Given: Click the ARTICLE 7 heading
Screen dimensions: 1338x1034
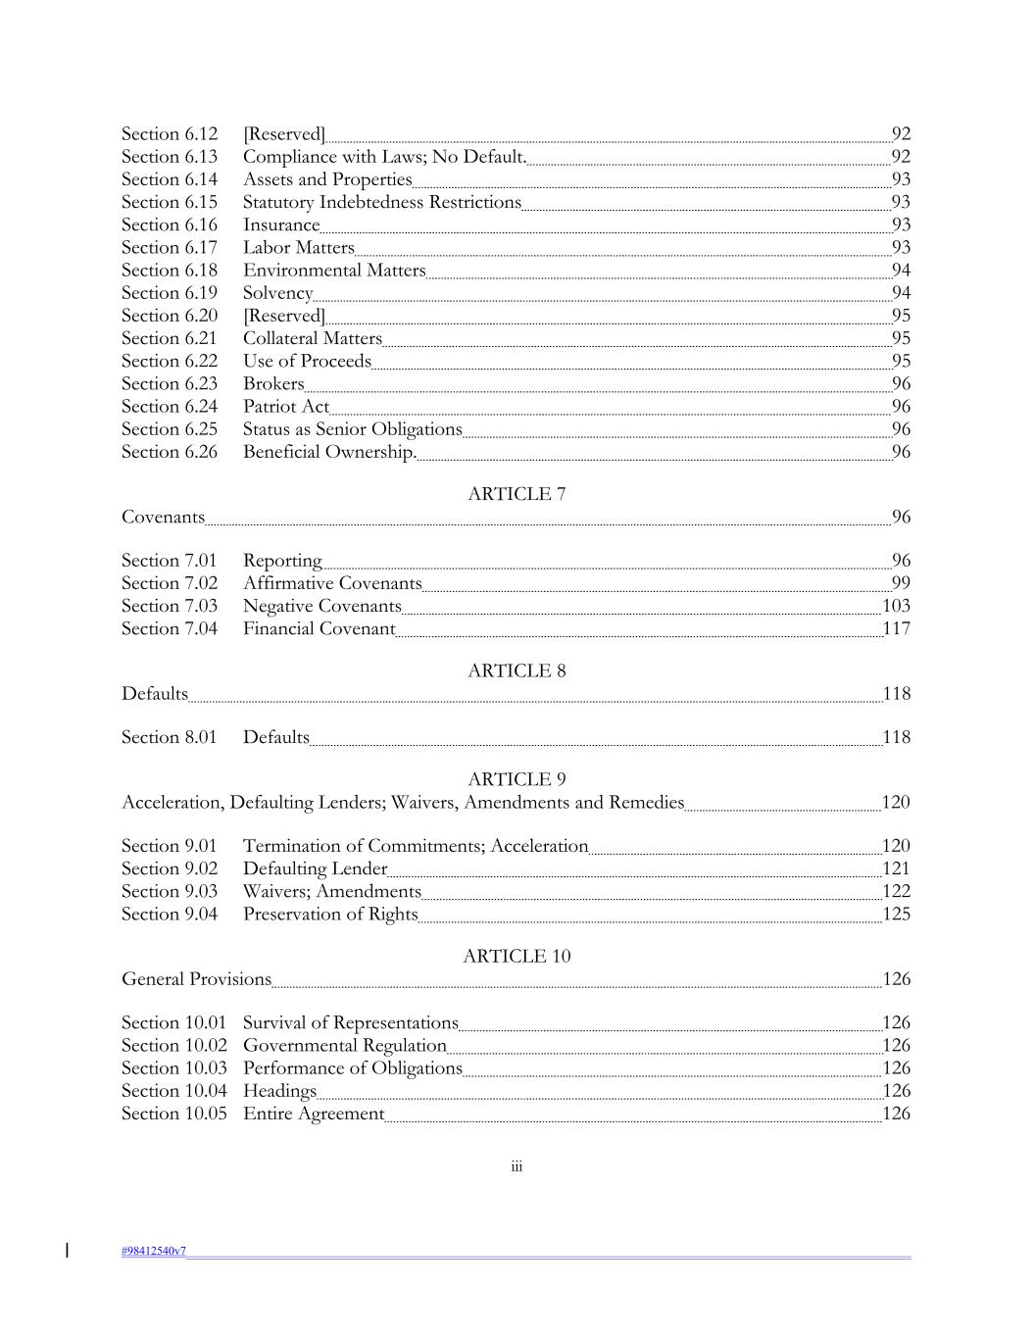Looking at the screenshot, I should tap(517, 494).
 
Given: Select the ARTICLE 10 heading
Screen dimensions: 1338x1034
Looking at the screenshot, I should tap(517, 956).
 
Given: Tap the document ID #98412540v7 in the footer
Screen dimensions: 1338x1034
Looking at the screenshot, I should tap(154, 1251).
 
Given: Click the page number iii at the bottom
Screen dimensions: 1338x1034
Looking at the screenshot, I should tap(517, 1166).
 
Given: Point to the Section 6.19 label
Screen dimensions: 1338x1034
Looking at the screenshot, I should tap(170, 293).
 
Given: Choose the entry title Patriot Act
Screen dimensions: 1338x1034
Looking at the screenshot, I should tap(286, 406).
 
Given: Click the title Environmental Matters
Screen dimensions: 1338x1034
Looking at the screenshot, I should tap(334, 271).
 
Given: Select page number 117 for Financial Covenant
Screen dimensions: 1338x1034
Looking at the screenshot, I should tap(896, 628).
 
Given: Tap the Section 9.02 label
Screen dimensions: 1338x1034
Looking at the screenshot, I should tap(170, 868).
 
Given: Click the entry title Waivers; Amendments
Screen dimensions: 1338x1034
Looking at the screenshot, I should tap(332, 891).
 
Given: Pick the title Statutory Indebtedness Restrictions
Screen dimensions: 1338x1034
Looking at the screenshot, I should tap(382, 202).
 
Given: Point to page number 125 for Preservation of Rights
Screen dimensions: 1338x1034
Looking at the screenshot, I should tap(896, 914).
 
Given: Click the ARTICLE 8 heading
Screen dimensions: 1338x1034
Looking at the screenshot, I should tap(517, 670).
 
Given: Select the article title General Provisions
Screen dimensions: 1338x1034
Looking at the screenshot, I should tap(196, 979).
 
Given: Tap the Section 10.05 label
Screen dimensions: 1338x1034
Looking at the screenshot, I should tap(173, 1114).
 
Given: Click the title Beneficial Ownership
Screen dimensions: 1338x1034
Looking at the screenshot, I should tap(330, 452).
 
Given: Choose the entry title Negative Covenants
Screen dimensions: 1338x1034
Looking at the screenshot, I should tap(322, 606).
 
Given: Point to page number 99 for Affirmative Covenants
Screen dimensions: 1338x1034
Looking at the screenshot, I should tap(901, 583).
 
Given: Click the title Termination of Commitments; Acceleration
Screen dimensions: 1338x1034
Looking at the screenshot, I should tap(416, 846).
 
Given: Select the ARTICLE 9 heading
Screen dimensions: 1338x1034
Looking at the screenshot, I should tap(517, 779).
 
